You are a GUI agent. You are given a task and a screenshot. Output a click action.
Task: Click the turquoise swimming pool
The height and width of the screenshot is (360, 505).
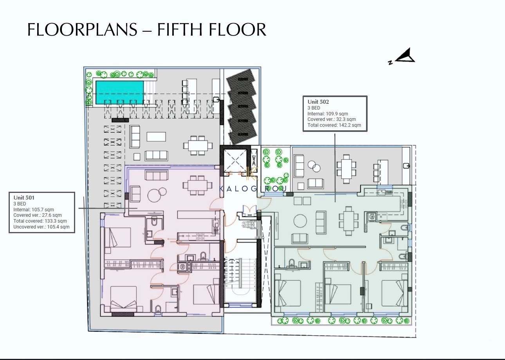click(119, 92)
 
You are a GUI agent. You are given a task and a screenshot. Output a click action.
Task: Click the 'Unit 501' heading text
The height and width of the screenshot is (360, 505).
click(24, 198)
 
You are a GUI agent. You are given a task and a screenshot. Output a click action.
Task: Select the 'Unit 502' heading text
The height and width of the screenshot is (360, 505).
click(318, 102)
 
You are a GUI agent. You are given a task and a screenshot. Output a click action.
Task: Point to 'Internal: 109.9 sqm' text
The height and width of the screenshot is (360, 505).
click(328, 114)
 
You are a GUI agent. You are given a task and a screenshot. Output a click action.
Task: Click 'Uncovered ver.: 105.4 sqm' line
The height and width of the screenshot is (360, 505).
click(41, 227)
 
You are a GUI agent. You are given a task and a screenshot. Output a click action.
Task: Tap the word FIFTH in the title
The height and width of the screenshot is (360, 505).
click(179, 29)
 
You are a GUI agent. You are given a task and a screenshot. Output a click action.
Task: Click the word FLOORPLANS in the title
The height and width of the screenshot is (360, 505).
click(82, 29)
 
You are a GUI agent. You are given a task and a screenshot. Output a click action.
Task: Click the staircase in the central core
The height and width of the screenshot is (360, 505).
click(240, 277)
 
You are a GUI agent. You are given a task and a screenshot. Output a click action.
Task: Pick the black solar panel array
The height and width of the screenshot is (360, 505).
click(242, 106)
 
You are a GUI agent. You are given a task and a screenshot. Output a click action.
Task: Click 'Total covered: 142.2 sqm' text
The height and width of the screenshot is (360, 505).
click(334, 125)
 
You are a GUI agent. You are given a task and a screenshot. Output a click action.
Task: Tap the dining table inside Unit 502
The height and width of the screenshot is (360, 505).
click(348, 221)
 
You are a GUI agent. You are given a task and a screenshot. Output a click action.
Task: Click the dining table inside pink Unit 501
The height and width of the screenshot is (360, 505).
click(197, 185)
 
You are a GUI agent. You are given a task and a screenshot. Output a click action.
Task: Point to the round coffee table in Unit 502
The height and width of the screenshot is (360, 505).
click(300, 221)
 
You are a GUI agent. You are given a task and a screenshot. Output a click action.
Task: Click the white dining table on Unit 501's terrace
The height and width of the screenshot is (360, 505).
click(198, 146)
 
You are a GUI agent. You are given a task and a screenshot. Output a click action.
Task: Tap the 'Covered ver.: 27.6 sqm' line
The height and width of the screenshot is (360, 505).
click(38, 215)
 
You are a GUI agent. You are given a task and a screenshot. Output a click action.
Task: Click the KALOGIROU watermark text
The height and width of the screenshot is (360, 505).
click(253, 189)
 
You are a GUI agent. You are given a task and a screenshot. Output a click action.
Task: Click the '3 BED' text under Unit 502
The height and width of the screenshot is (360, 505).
click(314, 108)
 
